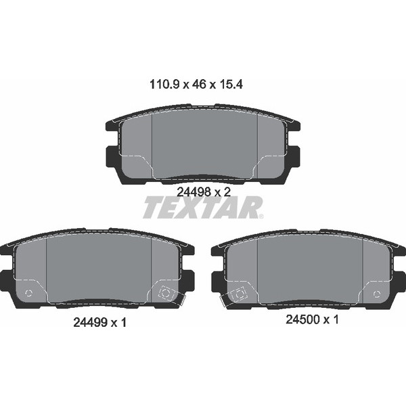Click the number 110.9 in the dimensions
pos(162,85)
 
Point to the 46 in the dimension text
pos(200,85)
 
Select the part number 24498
pos(191,191)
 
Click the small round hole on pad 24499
pos(28,293)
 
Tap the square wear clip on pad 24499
pos(165,294)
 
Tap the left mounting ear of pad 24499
pos(7,278)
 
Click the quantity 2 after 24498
pos(227,191)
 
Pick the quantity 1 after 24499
pos(124,323)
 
